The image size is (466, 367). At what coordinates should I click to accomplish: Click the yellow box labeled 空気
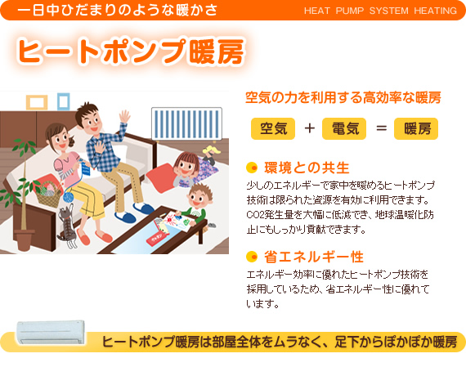pyautogui.click(x=273, y=128)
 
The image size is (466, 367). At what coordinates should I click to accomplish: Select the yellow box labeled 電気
pyautogui.click(x=344, y=128)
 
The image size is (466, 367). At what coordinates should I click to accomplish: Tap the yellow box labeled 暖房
pyautogui.click(x=416, y=128)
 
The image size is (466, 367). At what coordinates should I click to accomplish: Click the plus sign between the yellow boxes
pyautogui.click(x=309, y=128)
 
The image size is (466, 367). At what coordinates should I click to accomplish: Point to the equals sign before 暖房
pyautogui.click(x=381, y=128)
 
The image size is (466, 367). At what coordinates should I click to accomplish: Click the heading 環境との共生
pyautogui.click(x=307, y=168)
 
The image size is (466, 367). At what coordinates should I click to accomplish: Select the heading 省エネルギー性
pyautogui.click(x=314, y=257)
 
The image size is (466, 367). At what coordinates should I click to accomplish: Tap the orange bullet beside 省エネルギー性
pyautogui.click(x=252, y=257)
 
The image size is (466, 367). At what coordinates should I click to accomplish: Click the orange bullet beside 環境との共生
pyautogui.click(x=252, y=168)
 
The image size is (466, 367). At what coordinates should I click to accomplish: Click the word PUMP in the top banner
pyautogui.click(x=350, y=11)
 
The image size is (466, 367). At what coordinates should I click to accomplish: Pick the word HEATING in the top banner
pyautogui.click(x=436, y=11)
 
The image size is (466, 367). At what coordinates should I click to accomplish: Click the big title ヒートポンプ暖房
pyautogui.click(x=131, y=51)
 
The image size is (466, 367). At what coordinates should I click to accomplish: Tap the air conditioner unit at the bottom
pyautogui.click(x=51, y=332)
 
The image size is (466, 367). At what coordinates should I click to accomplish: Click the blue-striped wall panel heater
pyautogui.click(x=186, y=123)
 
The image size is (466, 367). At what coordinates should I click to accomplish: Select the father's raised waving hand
pyautogui.click(x=124, y=116)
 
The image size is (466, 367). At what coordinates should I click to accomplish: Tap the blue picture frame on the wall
pyautogui.click(x=63, y=101)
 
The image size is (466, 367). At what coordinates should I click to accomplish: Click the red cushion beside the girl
pyautogui.click(x=160, y=177)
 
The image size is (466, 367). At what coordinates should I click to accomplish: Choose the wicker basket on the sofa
pyautogui.click(x=47, y=194)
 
